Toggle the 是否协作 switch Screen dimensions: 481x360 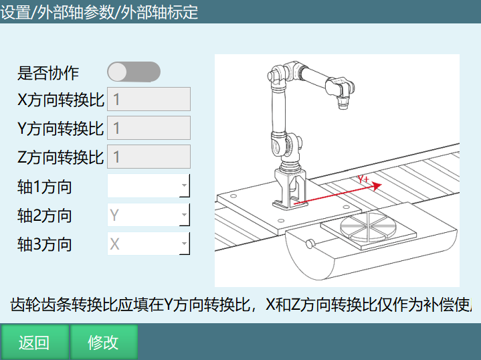tap(134, 72)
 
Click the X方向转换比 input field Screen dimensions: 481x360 tap(149, 99)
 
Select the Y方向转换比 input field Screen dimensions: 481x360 tap(149, 128)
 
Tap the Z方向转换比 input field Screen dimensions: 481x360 tap(149, 157)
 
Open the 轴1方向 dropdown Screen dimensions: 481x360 tap(149, 185)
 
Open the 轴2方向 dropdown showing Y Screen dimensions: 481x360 tap(149, 215)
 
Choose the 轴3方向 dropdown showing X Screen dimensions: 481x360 tap(149, 244)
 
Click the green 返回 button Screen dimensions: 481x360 tap(34, 342)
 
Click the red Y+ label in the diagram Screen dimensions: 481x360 tap(363, 179)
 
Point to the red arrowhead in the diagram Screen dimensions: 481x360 tap(377, 185)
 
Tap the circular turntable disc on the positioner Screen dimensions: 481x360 tap(368, 226)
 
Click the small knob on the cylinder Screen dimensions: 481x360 tap(310, 244)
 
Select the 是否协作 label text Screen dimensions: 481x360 tap(48, 73)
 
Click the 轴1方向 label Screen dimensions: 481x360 tap(45, 187)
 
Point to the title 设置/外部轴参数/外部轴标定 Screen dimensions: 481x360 tap(99, 12)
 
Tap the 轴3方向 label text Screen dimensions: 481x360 tap(45, 245)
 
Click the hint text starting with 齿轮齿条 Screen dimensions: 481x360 tap(241, 304)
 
